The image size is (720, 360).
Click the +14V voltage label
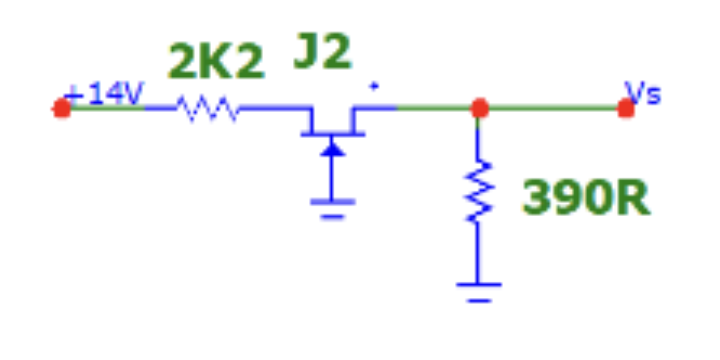pyautogui.click(x=104, y=95)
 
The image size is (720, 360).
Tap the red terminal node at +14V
pyautogui.click(x=62, y=108)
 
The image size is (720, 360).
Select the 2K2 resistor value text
pyautogui.click(x=216, y=63)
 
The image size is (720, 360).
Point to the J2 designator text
pyautogui.click(x=322, y=53)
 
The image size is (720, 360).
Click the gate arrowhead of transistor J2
pyautogui.click(x=333, y=149)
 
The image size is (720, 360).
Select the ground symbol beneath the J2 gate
pyautogui.click(x=332, y=207)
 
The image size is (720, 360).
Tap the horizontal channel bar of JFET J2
pyautogui.click(x=333, y=134)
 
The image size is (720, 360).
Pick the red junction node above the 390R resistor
pyautogui.click(x=480, y=108)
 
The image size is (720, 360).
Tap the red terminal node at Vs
pyautogui.click(x=626, y=108)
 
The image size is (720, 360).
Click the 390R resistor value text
pyautogui.click(x=585, y=199)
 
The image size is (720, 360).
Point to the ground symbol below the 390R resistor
pyautogui.click(x=479, y=291)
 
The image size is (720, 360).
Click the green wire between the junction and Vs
pyautogui.click(x=553, y=108)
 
